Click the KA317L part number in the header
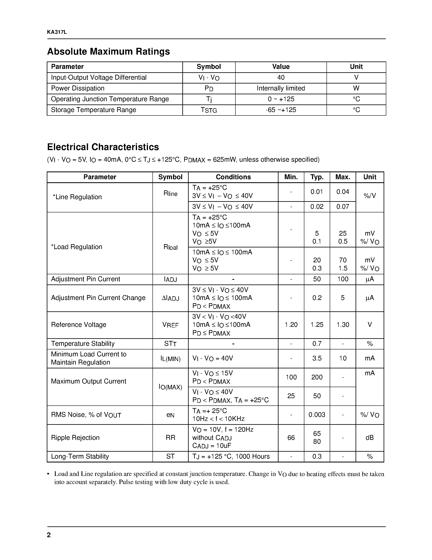(x=57, y=32)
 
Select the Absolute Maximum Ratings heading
(x=108, y=52)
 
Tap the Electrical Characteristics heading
(x=103, y=147)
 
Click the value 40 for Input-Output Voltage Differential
(x=281, y=77)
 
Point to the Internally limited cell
(x=281, y=88)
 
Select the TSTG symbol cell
(x=209, y=110)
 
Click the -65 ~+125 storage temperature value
(x=281, y=110)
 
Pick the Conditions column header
(x=233, y=177)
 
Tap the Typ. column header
(x=317, y=177)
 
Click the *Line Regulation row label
(x=77, y=197)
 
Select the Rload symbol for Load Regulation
(x=170, y=247)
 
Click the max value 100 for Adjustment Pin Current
(x=343, y=279)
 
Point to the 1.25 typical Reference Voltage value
(x=317, y=325)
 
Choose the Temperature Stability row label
(x=83, y=344)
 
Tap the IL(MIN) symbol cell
(x=170, y=358)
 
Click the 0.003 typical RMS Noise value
(x=317, y=415)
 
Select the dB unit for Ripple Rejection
(x=370, y=437)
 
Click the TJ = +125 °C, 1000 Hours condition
(x=231, y=456)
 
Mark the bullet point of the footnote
(x=48, y=474)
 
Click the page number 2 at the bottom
(x=49, y=535)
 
